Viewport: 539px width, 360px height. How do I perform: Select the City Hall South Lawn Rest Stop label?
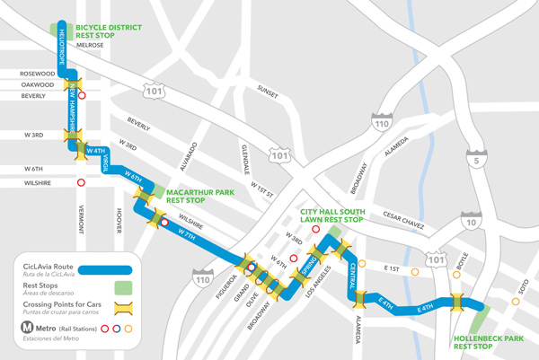coord(331,215)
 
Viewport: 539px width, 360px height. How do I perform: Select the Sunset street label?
coord(268,92)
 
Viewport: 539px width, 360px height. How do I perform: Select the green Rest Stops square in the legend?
coord(125,286)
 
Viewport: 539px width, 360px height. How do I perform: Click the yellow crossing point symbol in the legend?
coord(125,307)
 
